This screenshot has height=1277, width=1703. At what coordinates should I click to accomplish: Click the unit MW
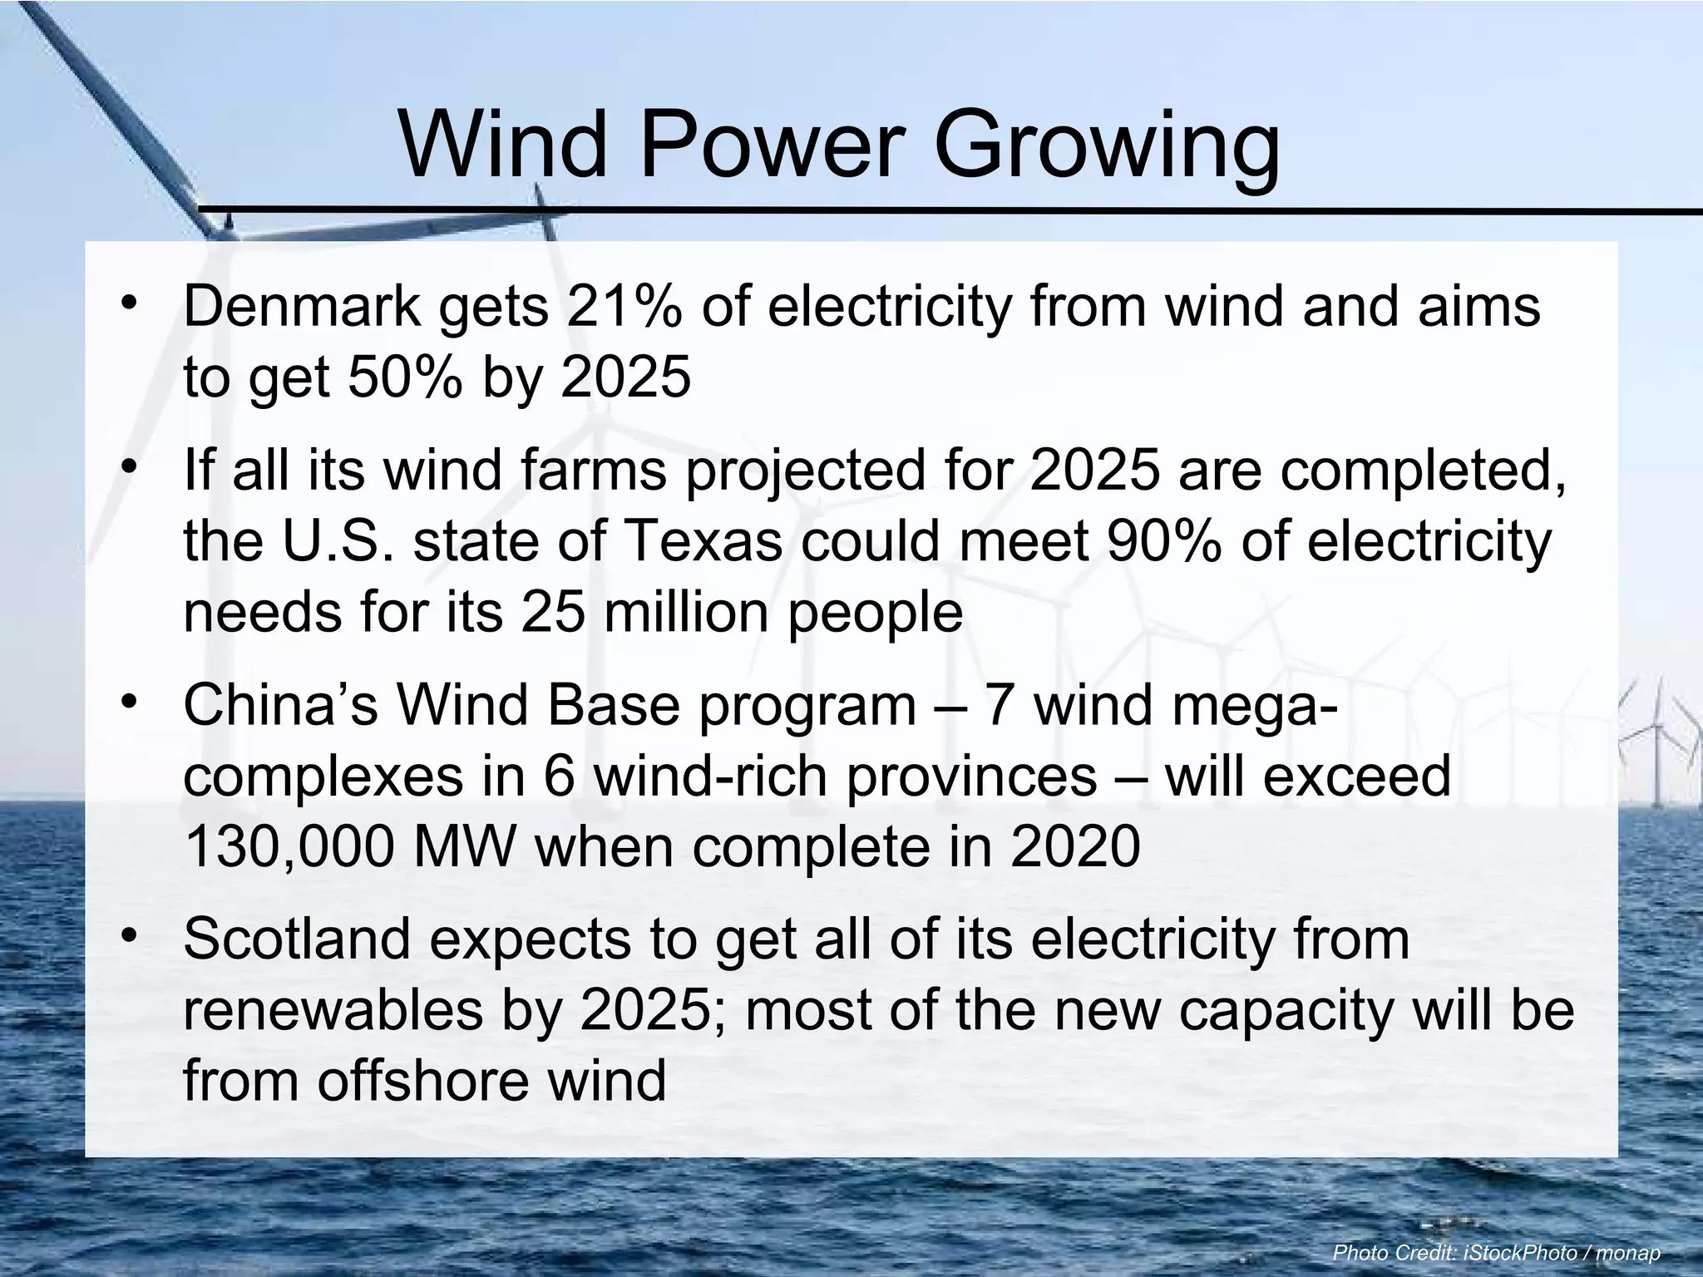coord(466,847)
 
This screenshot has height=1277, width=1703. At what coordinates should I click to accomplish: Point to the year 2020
coord(1075,847)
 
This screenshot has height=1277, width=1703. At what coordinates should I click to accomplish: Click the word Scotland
coord(297,939)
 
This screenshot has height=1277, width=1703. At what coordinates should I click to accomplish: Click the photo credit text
coord(1496,1252)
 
